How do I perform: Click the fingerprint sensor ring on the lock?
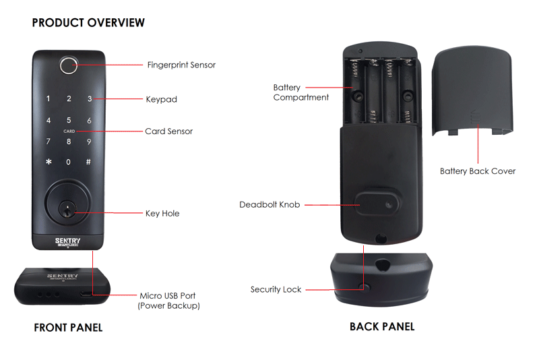[x=69, y=65]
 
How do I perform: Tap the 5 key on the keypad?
[x=69, y=121]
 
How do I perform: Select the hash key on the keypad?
[x=88, y=162]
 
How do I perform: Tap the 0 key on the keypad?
[x=68, y=162]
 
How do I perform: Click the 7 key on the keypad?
[x=48, y=142]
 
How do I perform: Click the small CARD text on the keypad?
[x=69, y=131]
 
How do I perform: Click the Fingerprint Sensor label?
[x=181, y=65]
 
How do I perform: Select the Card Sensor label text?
[x=168, y=131]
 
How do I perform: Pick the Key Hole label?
[x=162, y=214]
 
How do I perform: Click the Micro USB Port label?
[x=168, y=296]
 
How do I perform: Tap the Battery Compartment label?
[x=300, y=92]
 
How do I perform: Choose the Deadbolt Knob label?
[x=269, y=204]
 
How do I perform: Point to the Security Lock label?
[x=276, y=289]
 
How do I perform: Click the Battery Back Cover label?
[x=477, y=171]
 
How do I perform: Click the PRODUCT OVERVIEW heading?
[x=88, y=23]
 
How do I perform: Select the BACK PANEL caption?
[x=381, y=327]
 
